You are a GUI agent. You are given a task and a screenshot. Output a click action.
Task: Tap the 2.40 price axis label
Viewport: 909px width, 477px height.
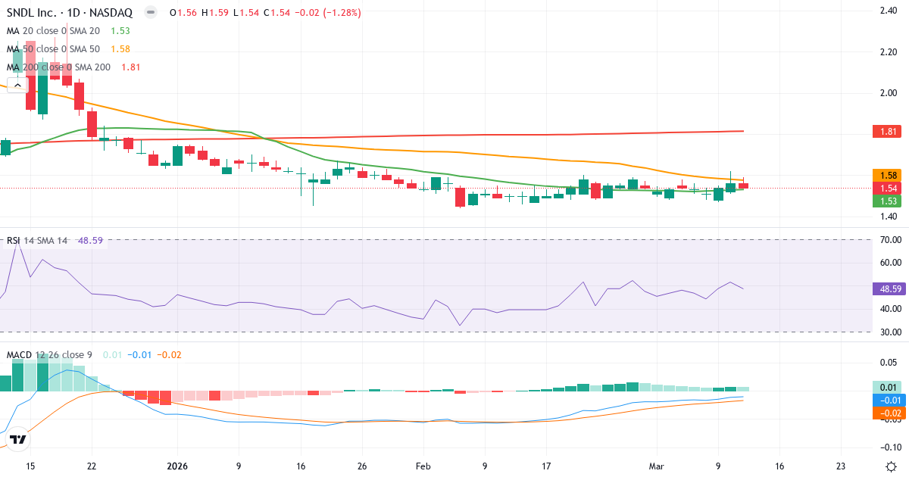click(888, 11)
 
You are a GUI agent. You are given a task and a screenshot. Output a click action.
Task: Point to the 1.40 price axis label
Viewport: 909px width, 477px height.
click(888, 217)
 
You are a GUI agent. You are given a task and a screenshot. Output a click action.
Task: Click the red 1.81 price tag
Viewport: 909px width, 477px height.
click(888, 132)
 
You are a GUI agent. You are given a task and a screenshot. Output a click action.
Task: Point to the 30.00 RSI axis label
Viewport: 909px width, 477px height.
click(888, 332)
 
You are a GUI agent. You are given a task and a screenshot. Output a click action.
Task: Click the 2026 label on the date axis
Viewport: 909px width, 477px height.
click(176, 466)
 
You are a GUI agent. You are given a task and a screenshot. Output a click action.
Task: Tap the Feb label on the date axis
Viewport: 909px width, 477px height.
click(423, 466)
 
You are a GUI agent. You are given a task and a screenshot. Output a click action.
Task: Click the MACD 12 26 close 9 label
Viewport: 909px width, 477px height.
click(49, 354)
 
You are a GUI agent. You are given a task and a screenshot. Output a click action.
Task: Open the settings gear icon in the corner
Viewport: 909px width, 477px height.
click(892, 466)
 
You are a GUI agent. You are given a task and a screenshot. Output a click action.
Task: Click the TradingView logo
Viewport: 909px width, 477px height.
click(18, 439)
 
